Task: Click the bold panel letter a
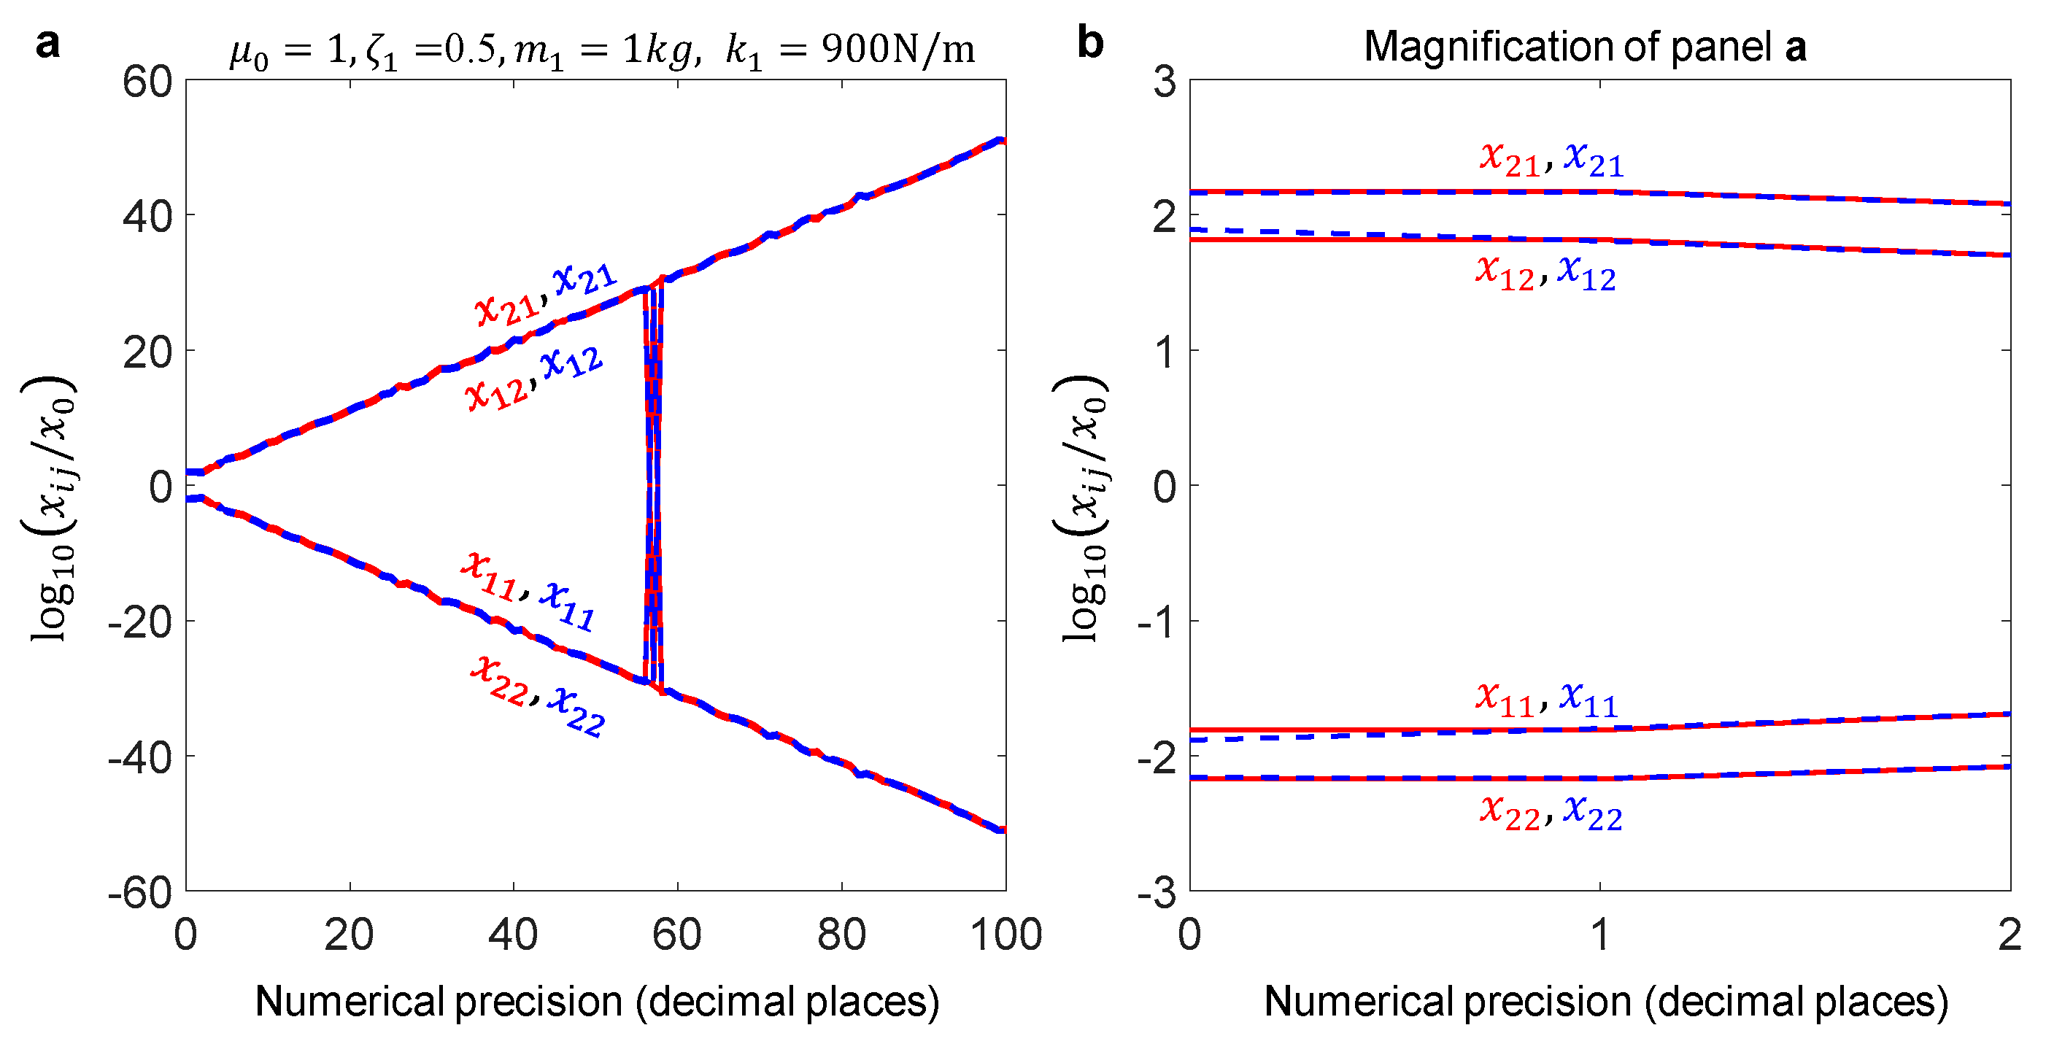click(47, 44)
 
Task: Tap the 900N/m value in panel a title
click(897, 49)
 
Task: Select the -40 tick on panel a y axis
click(141, 757)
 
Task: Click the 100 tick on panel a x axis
click(1006, 935)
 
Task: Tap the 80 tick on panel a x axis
click(842, 935)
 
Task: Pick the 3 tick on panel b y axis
click(1165, 82)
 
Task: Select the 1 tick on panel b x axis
click(1600, 935)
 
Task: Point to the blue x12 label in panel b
click(1587, 274)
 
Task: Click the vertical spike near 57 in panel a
click(652, 484)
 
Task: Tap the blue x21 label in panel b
click(1594, 160)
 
